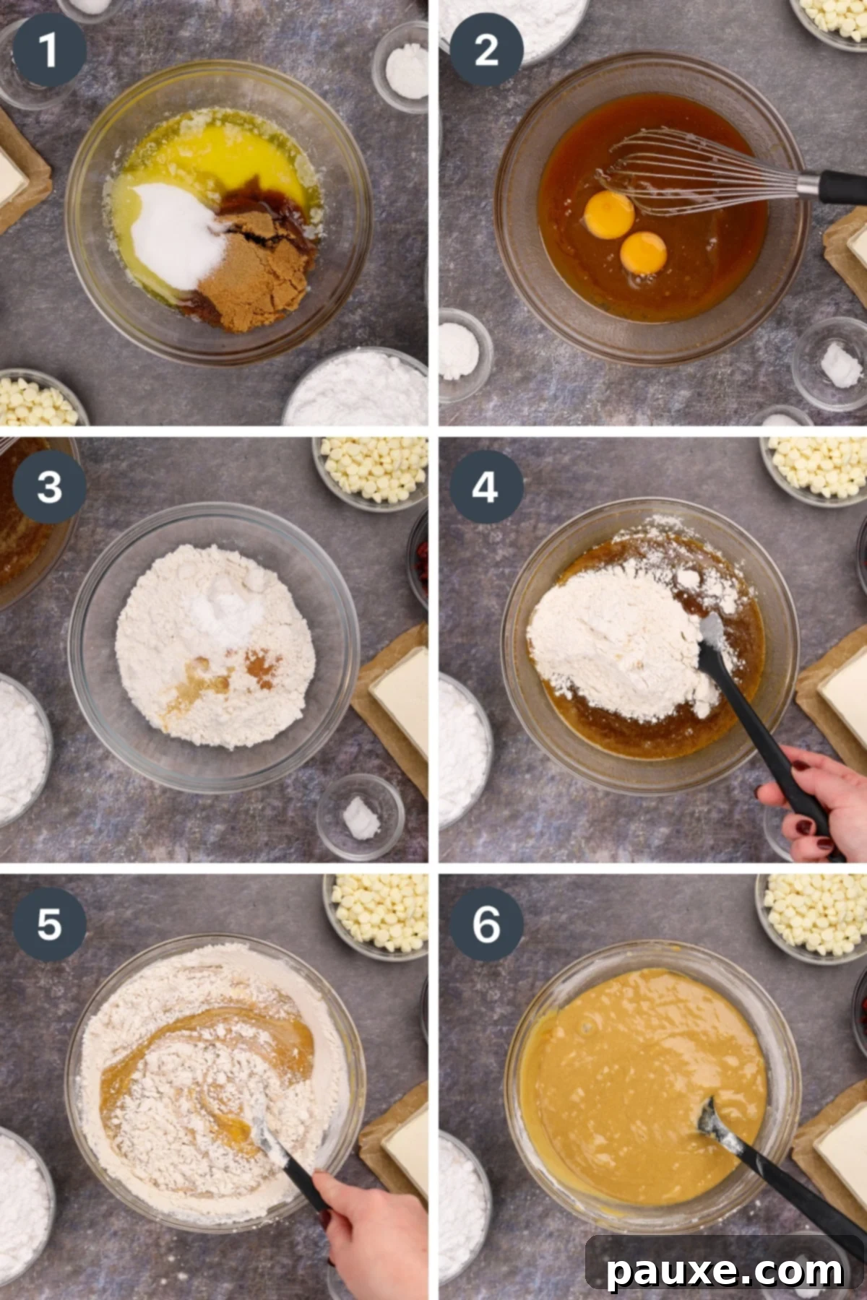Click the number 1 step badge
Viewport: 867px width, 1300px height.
(x=49, y=50)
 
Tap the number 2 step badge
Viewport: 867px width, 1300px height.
(x=486, y=50)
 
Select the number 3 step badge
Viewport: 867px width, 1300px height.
(x=49, y=487)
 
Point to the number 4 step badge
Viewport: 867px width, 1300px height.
(x=486, y=487)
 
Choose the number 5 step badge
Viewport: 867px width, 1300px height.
(x=49, y=924)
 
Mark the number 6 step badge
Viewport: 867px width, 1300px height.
(x=486, y=924)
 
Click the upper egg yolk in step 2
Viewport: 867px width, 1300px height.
(x=610, y=214)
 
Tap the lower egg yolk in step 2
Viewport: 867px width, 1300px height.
(x=643, y=253)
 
